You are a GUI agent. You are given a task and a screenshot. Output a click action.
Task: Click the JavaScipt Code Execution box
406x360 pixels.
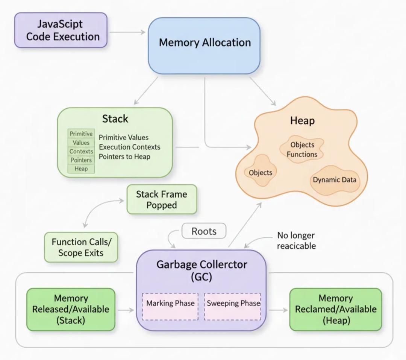click(61, 30)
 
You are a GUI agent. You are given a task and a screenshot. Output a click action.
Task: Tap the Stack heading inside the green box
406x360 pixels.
click(115, 119)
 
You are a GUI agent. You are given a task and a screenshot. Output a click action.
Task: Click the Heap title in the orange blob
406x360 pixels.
click(302, 121)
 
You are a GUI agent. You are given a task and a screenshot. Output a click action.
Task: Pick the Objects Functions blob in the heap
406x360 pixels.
click(302, 150)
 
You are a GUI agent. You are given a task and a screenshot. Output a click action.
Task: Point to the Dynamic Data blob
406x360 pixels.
click(334, 180)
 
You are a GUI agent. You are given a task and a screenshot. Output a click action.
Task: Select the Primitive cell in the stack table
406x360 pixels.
click(81, 134)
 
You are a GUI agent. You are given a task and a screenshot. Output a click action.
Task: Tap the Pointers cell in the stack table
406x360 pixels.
click(81, 160)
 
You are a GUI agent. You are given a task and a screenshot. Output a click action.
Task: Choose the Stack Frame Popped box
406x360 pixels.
click(161, 199)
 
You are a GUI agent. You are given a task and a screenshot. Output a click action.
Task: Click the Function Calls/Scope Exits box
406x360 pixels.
click(81, 247)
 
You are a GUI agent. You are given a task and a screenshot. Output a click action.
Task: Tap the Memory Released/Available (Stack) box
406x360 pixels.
click(71, 309)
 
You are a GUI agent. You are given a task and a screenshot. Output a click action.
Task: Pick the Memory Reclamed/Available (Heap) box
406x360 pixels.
click(335, 309)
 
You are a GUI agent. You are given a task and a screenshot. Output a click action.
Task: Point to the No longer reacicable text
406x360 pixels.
click(296, 241)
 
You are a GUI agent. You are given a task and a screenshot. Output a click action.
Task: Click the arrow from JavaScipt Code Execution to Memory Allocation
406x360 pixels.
click(127, 32)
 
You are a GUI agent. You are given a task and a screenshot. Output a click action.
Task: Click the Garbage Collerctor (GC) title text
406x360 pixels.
click(201, 270)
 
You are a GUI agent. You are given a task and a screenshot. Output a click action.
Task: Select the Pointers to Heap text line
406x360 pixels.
click(124, 156)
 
